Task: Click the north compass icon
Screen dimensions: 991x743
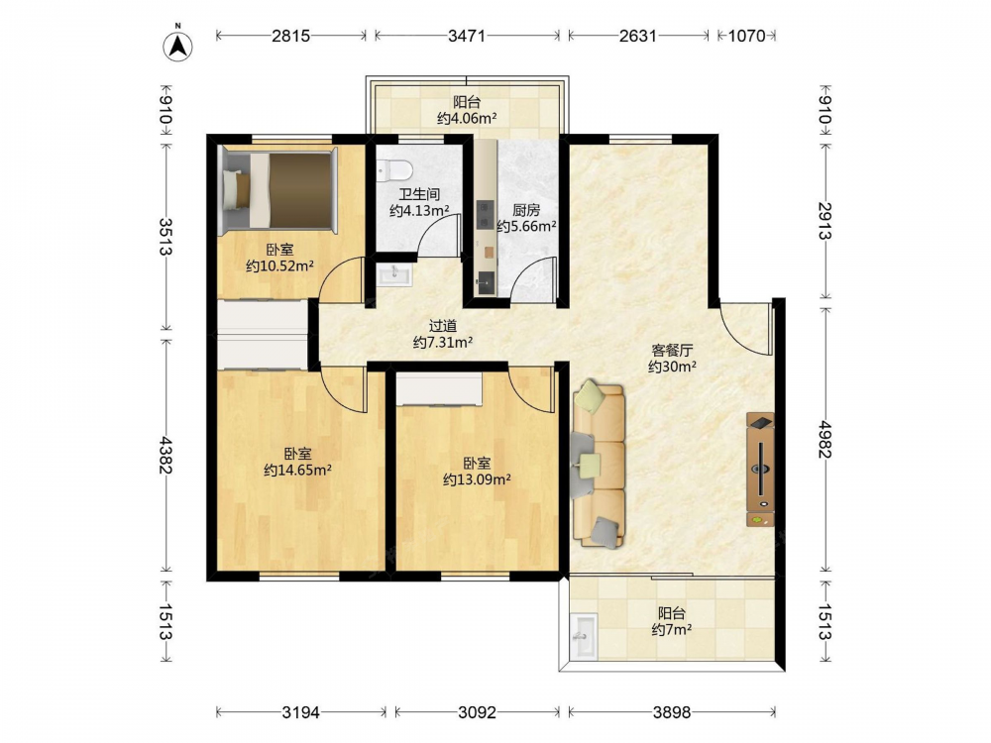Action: pos(177,45)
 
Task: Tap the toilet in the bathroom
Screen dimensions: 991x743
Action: pos(394,169)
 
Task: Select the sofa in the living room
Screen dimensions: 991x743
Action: pos(599,464)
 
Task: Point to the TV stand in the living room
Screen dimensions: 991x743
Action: pos(760,470)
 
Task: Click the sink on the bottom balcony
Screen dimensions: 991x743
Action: pos(584,636)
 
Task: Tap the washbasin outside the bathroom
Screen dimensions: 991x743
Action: pos(393,274)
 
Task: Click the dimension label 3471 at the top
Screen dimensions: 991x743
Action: pos(467,36)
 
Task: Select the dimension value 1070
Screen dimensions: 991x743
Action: pos(746,36)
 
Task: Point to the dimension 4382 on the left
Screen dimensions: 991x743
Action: pos(166,455)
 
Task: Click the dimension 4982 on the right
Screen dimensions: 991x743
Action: pos(825,439)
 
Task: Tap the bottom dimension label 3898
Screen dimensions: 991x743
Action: pos(671,712)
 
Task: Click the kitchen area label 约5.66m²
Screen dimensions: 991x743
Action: pos(526,226)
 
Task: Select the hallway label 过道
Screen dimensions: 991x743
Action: pos(442,326)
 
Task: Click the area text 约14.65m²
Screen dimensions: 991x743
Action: pos(297,470)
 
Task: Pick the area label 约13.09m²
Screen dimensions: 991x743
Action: pos(478,479)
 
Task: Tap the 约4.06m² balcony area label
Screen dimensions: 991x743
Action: pos(467,118)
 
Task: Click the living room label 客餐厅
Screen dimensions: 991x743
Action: pos(672,350)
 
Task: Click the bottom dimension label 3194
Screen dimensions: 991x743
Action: pos(300,712)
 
